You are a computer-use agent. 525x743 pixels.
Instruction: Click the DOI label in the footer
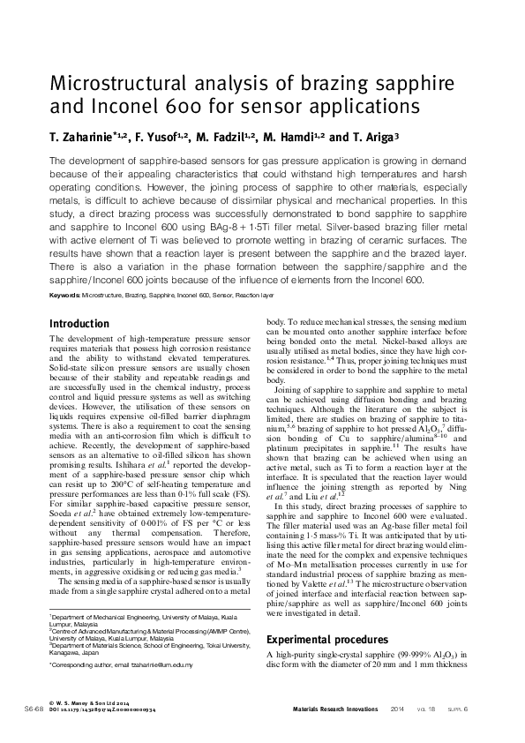click(55, 709)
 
